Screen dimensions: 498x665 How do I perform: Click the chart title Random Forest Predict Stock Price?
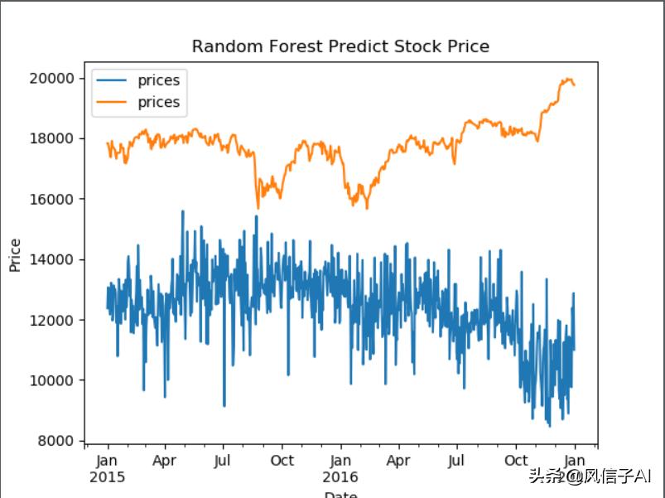[x=340, y=46]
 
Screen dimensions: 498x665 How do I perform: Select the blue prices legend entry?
[x=158, y=80]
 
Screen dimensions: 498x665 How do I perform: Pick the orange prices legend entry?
[x=158, y=103]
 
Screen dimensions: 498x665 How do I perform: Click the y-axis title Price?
[x=15, y=255]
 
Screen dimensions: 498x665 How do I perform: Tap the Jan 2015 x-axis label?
[x=108, y=469]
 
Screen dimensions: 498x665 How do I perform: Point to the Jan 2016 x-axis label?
[x=340, y=469]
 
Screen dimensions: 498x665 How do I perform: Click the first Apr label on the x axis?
[x=166, y=461]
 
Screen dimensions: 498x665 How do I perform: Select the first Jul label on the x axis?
[x=222, y=461]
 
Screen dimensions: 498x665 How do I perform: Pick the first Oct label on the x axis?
[x=282, y=461]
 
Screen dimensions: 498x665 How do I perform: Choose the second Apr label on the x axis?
[x=398, y=461]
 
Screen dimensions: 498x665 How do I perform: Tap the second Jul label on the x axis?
[x=456, y=461]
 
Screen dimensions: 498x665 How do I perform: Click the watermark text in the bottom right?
[x=590, y=476]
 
